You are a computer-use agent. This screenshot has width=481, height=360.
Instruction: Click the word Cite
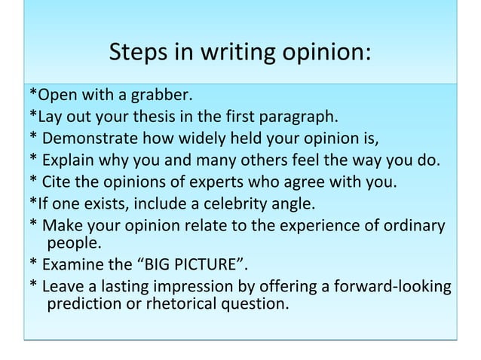60,182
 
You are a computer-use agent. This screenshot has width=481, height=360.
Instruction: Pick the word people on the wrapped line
72,244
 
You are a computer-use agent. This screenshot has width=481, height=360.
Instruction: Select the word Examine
75,265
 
